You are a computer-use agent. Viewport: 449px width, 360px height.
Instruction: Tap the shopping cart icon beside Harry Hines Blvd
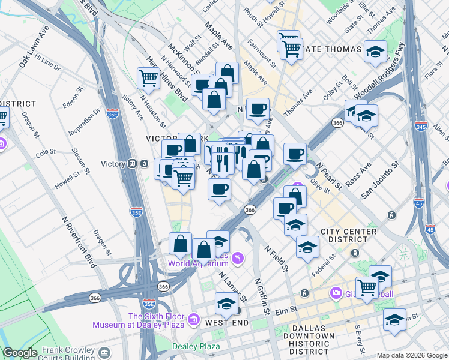[x=148, y=77]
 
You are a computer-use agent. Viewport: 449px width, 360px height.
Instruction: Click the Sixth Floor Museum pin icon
[x=194, y=320]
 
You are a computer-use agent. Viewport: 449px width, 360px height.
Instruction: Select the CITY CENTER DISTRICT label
[x=349, y=236]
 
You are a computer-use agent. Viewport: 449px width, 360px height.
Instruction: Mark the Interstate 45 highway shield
[x=430, y=229]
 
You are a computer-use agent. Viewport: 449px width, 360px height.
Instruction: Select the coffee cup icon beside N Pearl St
[x=295, y=154]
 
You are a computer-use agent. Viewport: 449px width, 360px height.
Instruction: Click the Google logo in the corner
[x=21, y=353]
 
